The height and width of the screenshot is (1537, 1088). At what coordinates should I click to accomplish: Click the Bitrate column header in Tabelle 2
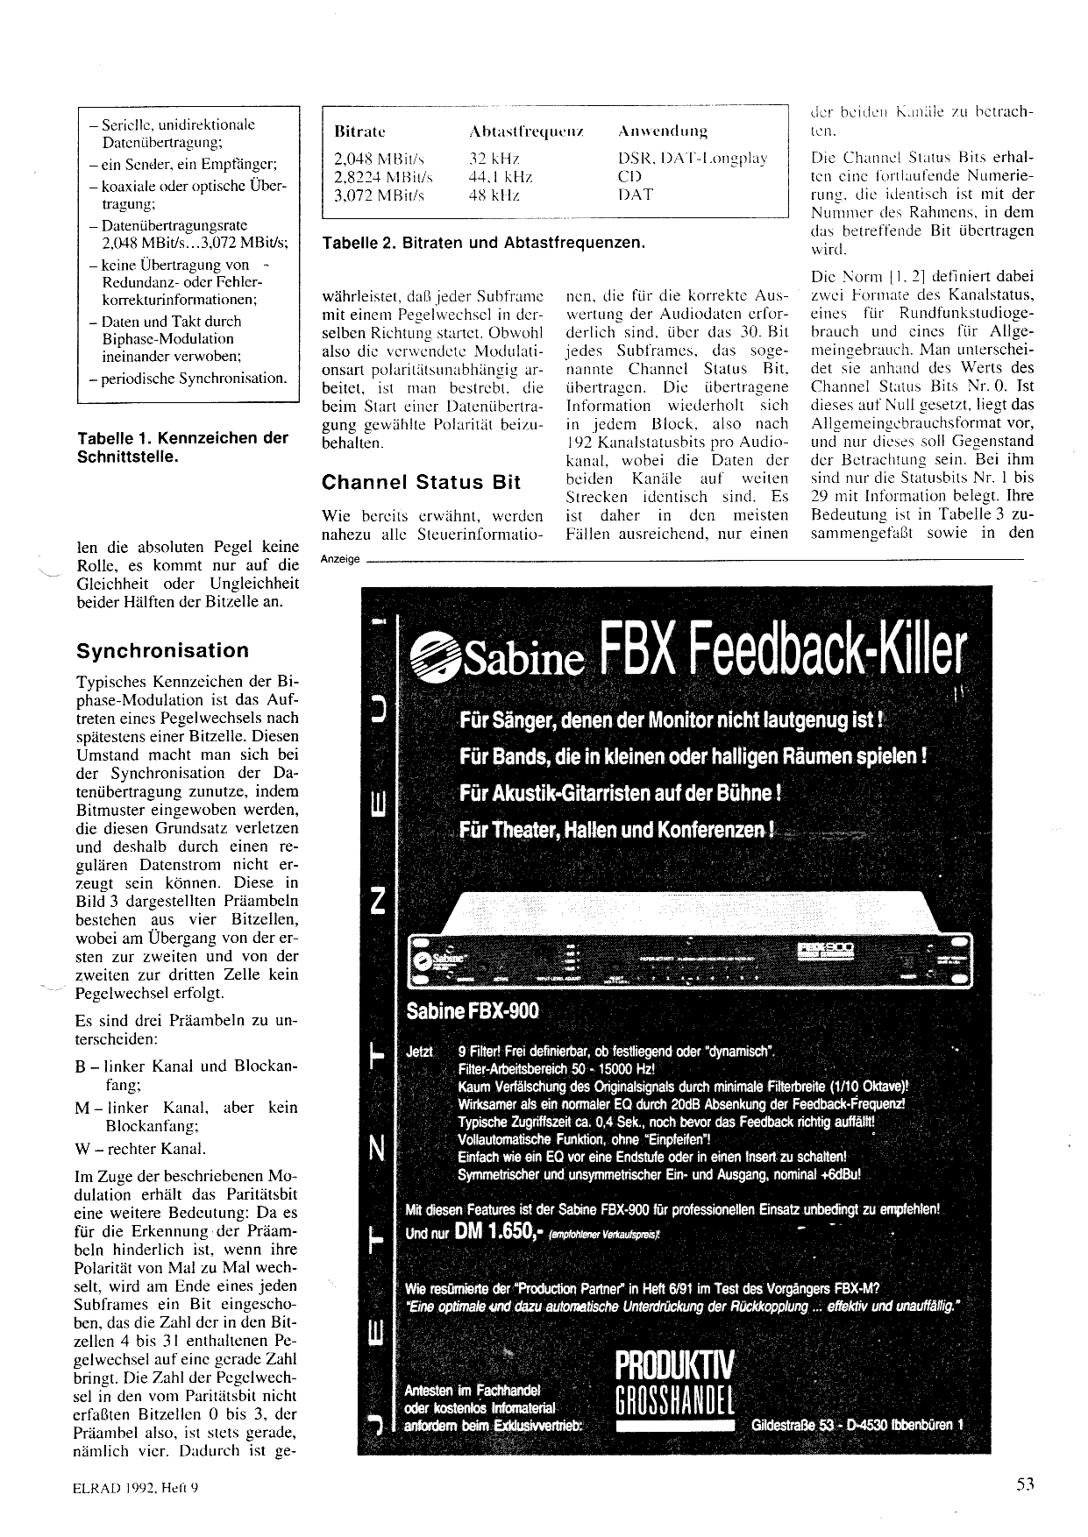[x=360, y=131]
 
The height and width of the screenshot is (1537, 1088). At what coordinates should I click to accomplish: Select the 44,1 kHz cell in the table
[x=501, y=177]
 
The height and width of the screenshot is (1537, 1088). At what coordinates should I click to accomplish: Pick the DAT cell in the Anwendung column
[x=635, y=195]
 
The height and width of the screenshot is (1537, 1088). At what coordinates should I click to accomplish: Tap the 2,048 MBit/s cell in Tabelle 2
[x=379, y=159]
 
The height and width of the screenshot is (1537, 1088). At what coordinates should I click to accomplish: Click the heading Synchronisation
[x=162, y=651]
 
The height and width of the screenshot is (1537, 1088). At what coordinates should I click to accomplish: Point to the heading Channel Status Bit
[x=421, y=482]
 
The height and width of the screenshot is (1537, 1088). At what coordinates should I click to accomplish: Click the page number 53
[x=1026, y=1484]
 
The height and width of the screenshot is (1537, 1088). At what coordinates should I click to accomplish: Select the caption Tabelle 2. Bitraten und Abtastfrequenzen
[x=483, y=242]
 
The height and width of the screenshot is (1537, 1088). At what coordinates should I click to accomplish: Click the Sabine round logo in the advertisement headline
[x=435, y=657]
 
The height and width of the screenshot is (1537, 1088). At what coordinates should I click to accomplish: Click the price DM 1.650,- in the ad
[x=495, y=1231]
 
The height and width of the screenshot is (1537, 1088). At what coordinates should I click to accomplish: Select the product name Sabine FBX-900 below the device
[x=473, y=1012]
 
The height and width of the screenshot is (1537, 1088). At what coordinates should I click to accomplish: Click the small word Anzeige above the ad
[x=339, y=559]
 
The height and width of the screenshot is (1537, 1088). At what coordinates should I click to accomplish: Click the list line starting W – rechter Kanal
[x=141, y=1149]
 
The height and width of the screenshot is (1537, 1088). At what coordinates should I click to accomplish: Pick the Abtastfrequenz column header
[x=527, y=131]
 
